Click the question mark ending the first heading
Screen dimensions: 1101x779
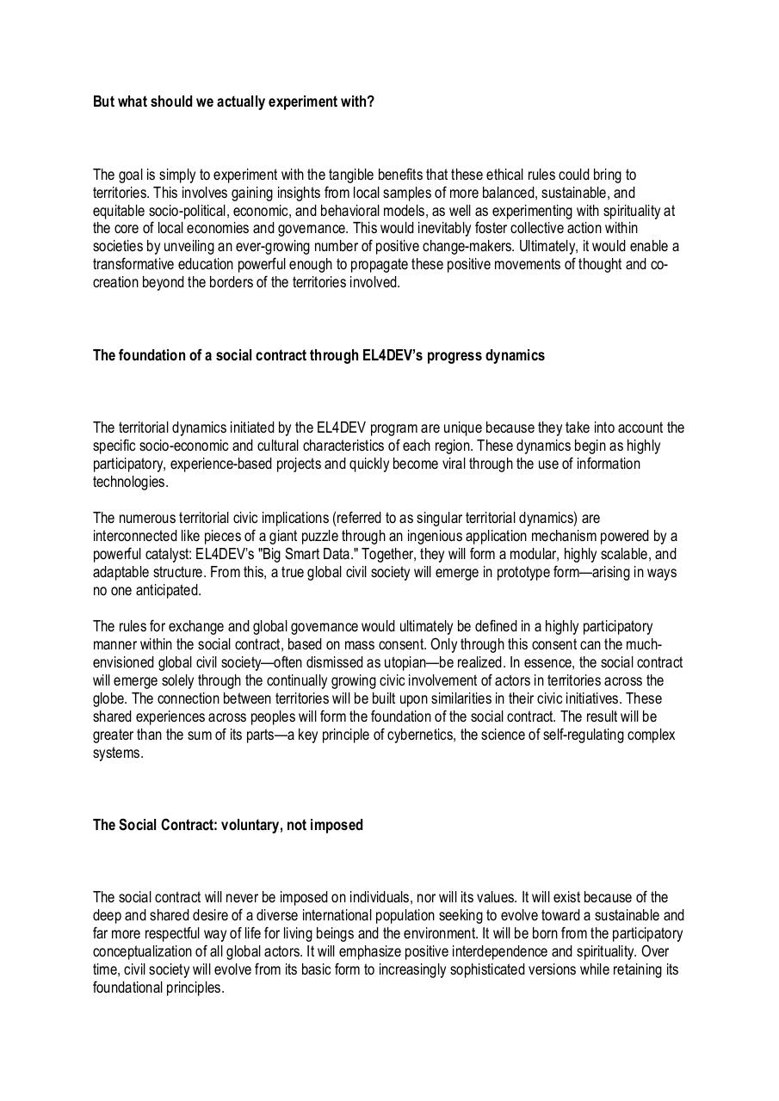click(371, 101)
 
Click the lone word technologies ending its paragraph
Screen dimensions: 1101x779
click(129, 482)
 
